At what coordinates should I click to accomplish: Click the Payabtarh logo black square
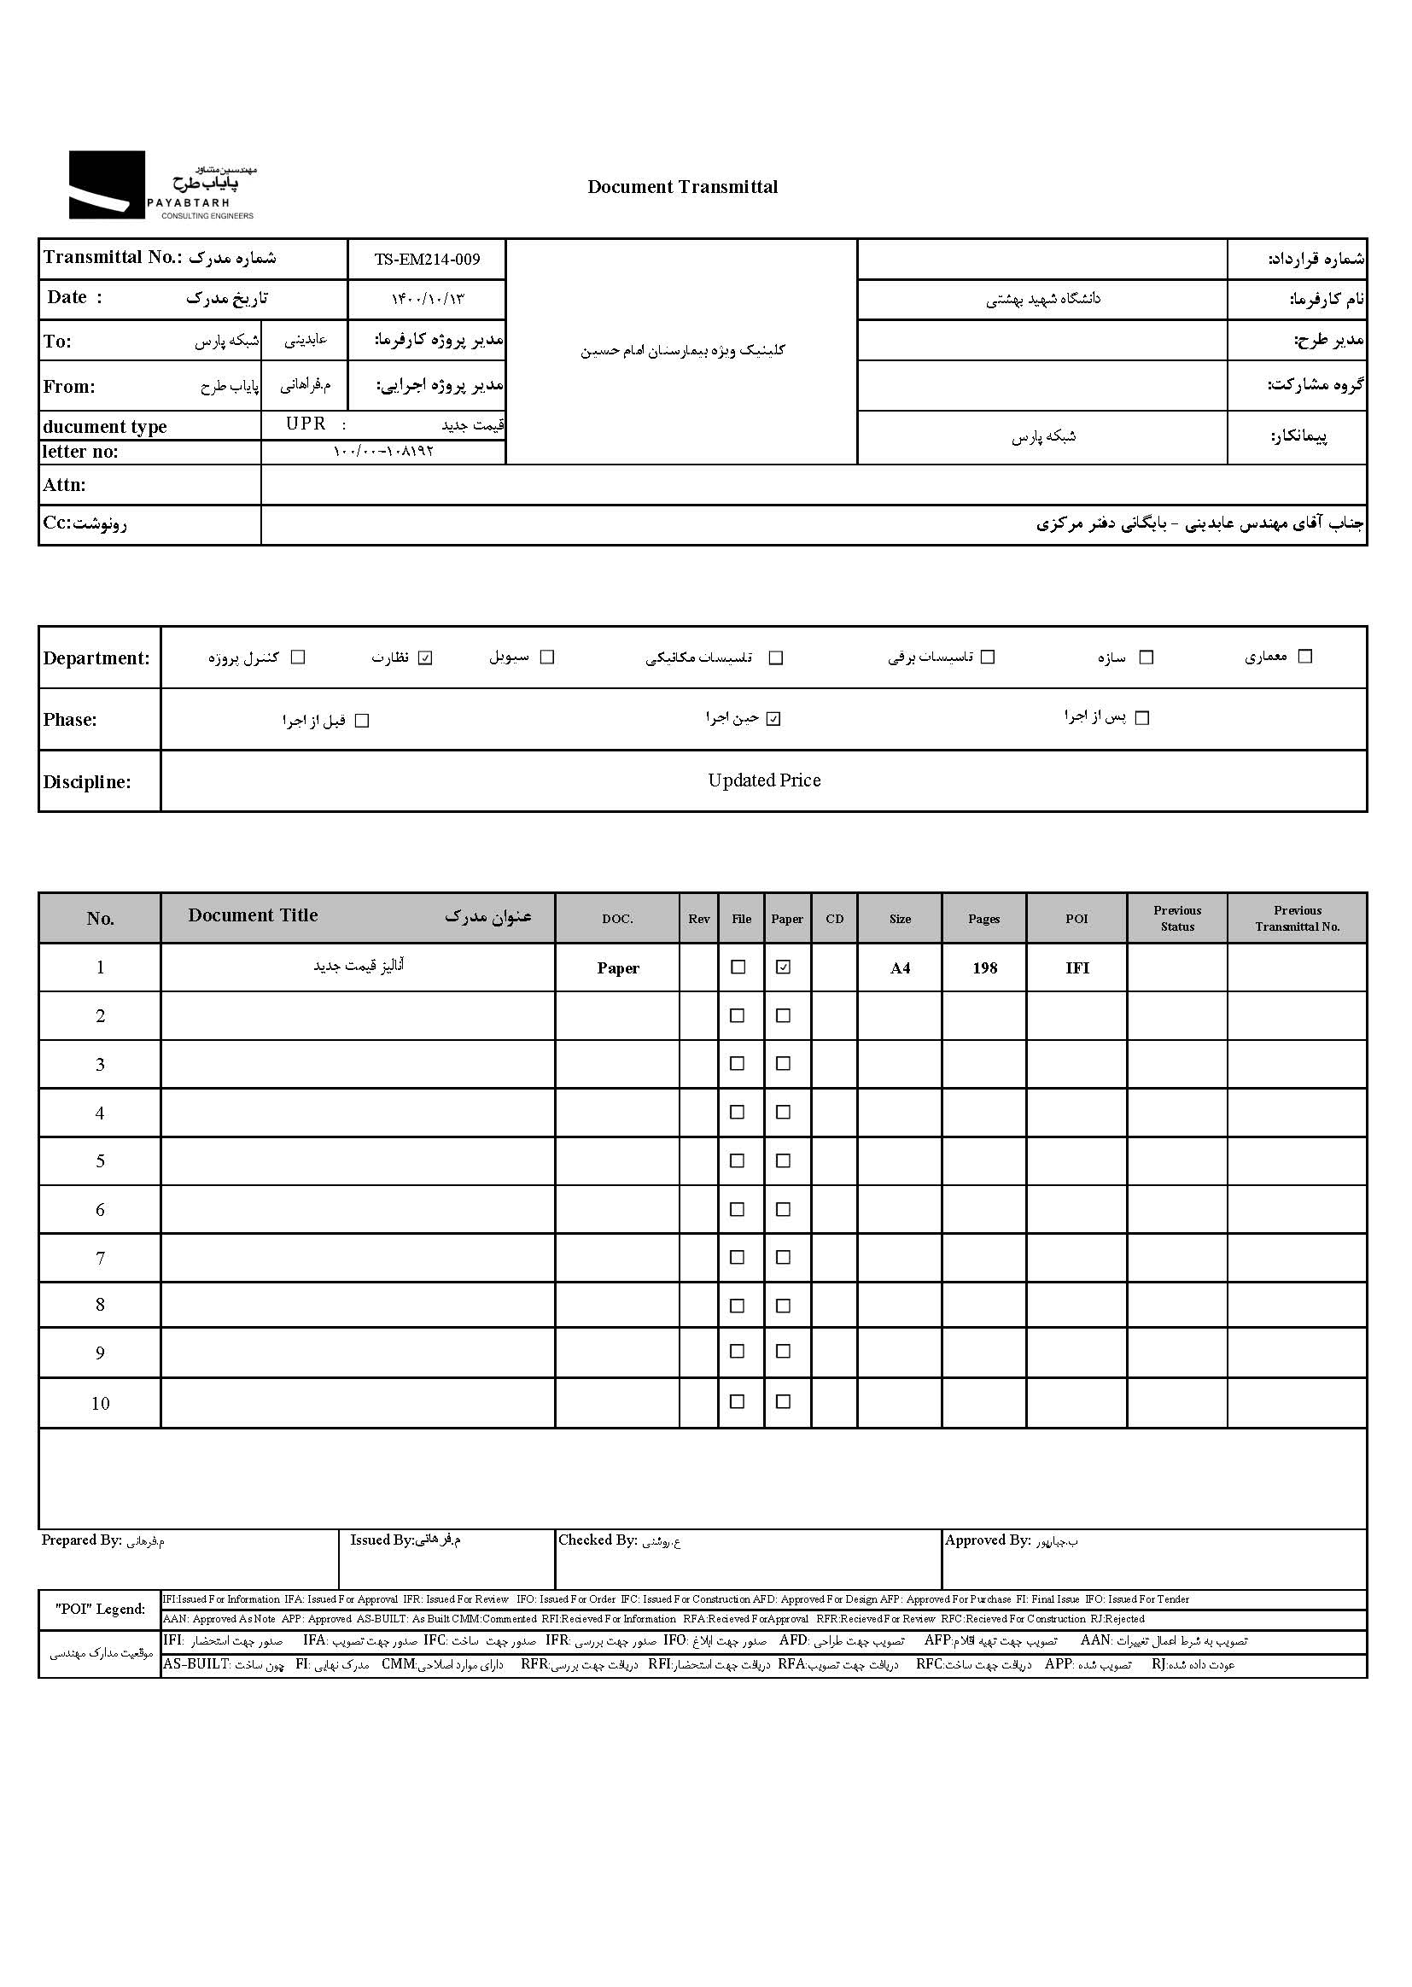(107, 184)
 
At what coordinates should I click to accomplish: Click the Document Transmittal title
(683, 187)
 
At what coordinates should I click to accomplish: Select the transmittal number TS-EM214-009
(427, 259)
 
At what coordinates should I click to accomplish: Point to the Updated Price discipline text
(763, 780)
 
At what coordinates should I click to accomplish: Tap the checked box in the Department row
(425, 657)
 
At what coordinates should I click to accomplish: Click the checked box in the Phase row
(773, 719)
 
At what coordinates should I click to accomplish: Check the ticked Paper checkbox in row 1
(784, 967)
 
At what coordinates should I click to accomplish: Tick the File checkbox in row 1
(738, 967)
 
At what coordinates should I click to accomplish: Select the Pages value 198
(984, 967)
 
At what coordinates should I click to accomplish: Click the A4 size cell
(900, 967)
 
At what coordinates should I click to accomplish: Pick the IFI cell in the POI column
(1077, 967)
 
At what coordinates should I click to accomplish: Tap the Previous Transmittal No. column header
(1297, 918)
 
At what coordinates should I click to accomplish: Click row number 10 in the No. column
(100, 1403)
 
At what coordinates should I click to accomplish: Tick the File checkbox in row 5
(738, 1161)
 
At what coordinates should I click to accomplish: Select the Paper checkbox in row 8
(784, 1306)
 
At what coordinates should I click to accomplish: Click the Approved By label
(987, 1540)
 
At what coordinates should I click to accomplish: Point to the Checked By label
(598, 1540)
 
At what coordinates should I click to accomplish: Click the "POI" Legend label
(100, 1609)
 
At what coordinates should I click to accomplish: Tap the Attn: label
(64, 485)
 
